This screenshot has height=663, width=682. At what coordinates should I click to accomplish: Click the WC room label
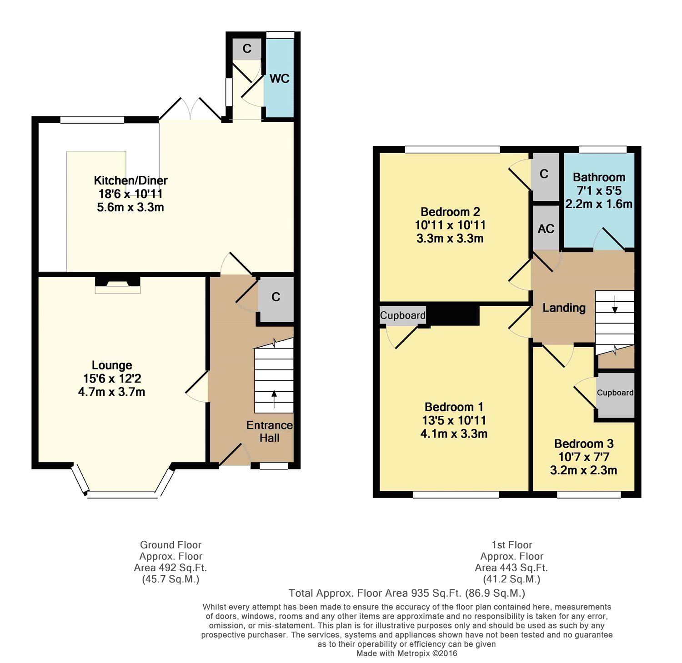tap(279, 79)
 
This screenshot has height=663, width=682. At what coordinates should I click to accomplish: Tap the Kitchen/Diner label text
tap(130, 180)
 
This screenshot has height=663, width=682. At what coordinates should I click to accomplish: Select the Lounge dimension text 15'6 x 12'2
tap(112, 379)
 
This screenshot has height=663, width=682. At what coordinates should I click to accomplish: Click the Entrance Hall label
tap(270, 432)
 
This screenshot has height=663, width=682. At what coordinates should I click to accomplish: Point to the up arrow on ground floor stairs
tap(274, 399)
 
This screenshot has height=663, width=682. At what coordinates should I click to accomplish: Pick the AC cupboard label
tap(546, 229)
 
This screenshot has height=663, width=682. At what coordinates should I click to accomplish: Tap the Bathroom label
tap(599, 177)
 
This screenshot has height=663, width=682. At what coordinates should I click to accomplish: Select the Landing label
tap(564, 308)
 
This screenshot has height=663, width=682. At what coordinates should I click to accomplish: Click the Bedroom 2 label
tap(450, 212)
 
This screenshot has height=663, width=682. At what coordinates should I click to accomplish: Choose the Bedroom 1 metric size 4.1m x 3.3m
tap(454, 434)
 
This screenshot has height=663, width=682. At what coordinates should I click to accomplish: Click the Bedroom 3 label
tap(584, 444)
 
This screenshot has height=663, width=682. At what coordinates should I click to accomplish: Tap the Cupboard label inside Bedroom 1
tap(403, 315)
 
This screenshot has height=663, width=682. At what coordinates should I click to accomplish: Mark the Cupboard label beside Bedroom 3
tap(615, 393)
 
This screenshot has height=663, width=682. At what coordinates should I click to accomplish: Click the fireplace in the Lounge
tap(118, 285)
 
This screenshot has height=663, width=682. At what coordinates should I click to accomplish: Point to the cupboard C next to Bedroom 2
tap(544, 174)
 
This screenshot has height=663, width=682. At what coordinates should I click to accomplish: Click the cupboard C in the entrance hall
tap(276, 297)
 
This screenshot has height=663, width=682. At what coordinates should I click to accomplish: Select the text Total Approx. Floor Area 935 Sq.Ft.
tap(375, 593)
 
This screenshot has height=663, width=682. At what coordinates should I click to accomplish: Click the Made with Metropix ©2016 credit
tap(407, 653)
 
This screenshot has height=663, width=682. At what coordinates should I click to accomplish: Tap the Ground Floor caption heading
tap(170, 545)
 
